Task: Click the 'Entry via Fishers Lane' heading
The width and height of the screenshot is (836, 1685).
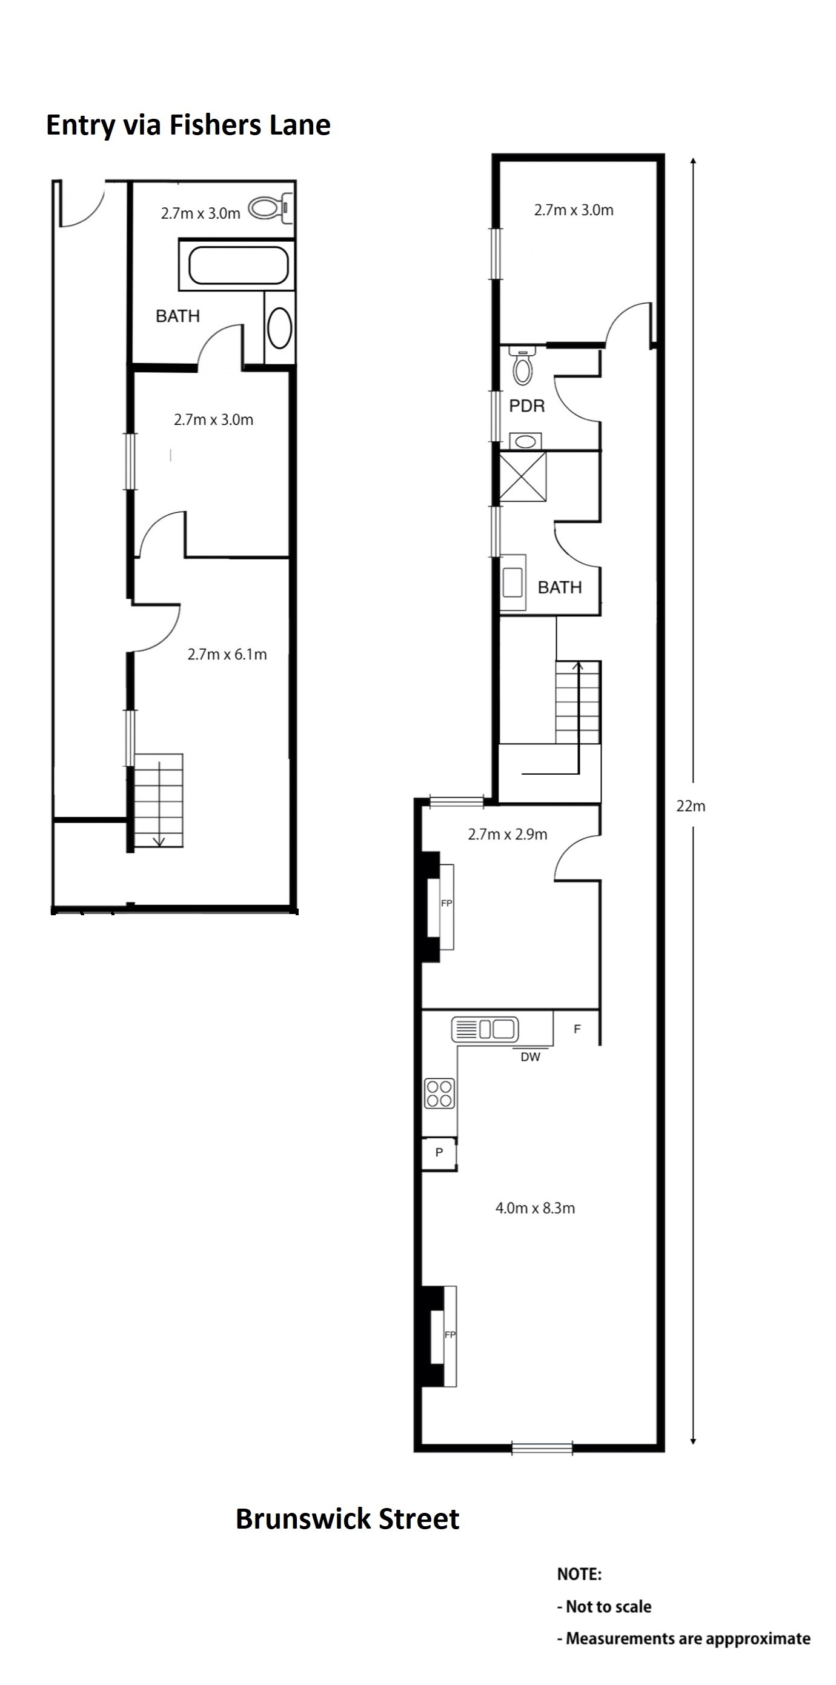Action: [x=188, y=125]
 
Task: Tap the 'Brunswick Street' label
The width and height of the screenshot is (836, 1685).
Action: [x=347, y=1519]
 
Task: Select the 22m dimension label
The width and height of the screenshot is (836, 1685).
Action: [x=691, y=806]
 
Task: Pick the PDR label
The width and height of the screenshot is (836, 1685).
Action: [x=527, y=405]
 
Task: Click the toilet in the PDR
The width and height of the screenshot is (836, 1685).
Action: [x=522, y=365]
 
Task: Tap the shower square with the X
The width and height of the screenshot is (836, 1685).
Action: [x=522, y=477]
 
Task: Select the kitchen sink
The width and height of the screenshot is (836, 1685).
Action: [x=485, y=1029]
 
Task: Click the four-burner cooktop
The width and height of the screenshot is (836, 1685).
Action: [x=439, y=1093]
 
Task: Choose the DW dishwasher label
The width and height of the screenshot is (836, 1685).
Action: [x=531, y=1057]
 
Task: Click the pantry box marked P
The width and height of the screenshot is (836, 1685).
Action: [x=439, y=1153]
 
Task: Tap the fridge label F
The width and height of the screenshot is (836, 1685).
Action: [x=577, y=1029]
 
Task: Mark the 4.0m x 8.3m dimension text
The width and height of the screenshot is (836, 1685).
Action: [x=536, y=1208]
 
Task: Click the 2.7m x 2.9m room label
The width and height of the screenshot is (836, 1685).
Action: [x=508, y=834]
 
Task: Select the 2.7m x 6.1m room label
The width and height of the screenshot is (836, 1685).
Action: [x=227, y=654]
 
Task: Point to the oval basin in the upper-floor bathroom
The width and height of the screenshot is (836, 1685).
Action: [x=280, y=328]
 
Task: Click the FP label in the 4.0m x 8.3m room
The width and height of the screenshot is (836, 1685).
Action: [x=450, y=1335]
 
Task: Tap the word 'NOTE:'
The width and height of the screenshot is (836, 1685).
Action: [x=579, y=1574]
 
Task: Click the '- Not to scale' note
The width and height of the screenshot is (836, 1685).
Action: [x=604, y=1606]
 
